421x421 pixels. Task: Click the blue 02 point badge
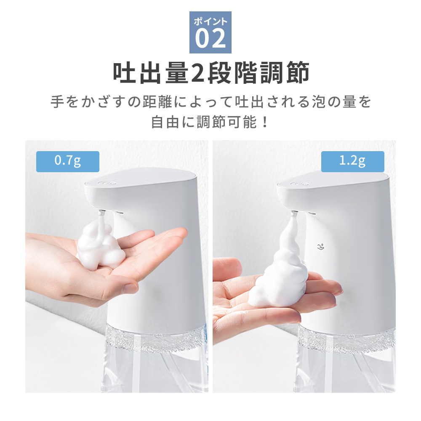tap(210, 32)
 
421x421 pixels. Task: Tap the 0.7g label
tap(67, 162)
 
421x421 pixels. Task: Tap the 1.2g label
tap(352, 162)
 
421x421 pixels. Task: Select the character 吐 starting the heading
tap(125, 73)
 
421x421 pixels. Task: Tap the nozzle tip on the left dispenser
tap(101, 213)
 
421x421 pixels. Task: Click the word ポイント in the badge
tap(210, 21)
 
